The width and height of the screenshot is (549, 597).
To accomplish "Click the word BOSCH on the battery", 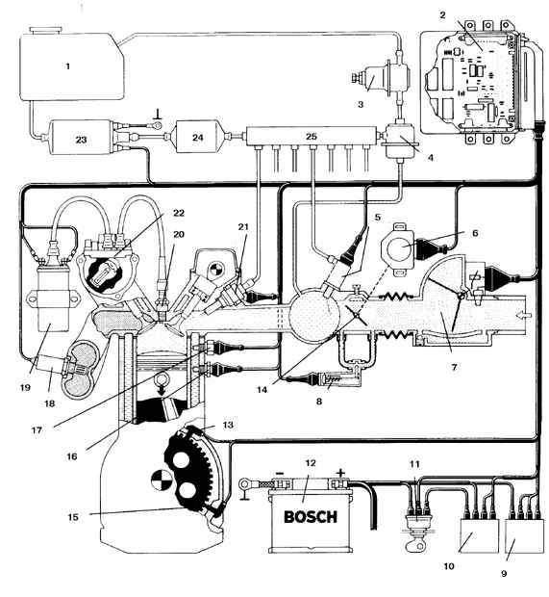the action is [x=311, y=517].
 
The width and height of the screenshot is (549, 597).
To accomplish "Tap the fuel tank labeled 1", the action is [x=72, y=65].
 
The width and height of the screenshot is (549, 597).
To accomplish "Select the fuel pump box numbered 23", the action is [x=81, y=138].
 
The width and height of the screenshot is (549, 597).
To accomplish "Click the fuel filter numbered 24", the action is [x=197, y=137].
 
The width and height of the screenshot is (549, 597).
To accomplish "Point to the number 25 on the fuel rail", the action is [x=311, y=136].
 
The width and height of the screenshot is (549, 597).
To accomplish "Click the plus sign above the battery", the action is [x=340, y=473].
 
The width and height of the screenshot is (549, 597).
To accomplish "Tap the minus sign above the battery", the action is [x=280, y=473].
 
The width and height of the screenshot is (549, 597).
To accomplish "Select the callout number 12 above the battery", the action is [x=311, y=463].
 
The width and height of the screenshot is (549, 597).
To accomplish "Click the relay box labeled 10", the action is [x=479, y=535].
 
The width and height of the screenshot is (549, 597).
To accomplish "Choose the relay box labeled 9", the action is [x=524, y=535].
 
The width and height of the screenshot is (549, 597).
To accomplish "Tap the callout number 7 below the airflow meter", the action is [x=454, y=368].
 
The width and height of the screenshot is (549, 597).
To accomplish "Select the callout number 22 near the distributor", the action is [x=178, y=213].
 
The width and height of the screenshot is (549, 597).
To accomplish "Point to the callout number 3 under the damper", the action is [x=361, y=104].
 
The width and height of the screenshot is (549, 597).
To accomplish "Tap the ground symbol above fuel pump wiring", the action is [x=158, y=115].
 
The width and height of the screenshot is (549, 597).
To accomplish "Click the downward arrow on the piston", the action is [x=162, y=390].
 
